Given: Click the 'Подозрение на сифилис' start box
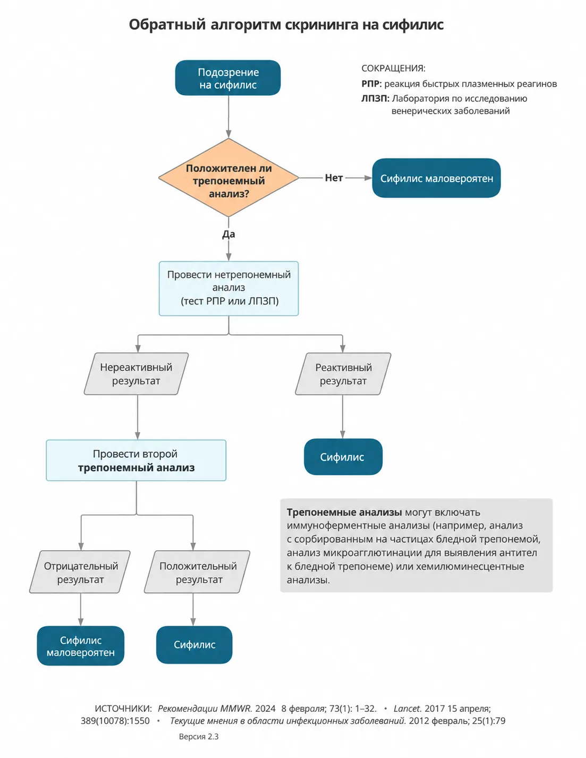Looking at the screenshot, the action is (227, 78).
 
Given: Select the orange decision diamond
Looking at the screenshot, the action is (228, 178).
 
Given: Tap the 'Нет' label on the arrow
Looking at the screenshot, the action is (334, 178).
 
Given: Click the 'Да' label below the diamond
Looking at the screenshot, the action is (228, 234).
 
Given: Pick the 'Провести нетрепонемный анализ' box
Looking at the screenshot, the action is (228, 289).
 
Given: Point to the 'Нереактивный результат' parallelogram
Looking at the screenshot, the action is (136, 374).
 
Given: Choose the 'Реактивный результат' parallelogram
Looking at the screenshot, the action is (343, 374).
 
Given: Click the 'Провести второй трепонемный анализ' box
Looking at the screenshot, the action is (136, 460).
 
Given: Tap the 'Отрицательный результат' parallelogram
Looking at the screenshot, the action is (80, 572).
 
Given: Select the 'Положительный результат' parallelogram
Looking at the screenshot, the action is (197, 572).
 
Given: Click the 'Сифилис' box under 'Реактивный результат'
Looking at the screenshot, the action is (343, 457).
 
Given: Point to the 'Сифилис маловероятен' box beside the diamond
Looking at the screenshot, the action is (437, 178).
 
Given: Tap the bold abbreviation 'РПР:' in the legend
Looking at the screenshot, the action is (371, 83).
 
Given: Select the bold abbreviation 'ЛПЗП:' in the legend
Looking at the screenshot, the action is (375, 98).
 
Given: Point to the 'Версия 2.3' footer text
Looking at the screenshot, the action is (199, 736).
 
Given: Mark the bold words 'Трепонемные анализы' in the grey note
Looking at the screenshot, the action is (344, 512).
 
